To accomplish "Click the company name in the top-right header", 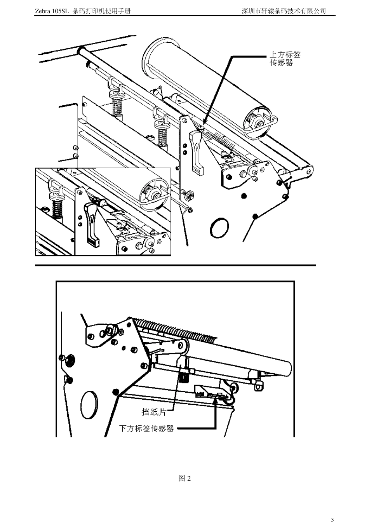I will (x=284, y=11).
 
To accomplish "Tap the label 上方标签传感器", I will (x=285, y=59).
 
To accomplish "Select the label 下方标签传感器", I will (x=146, y=429).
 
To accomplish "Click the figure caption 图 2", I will (x=184, y=478).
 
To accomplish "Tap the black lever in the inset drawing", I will (x=92, y=225).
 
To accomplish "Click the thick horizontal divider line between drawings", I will (x=176, y=266).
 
